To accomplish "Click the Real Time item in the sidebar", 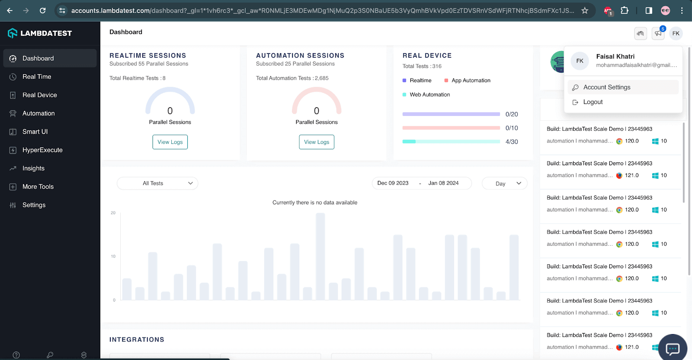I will tap(37, 77).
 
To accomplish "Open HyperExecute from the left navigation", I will tap(42, 150).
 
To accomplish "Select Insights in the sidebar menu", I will tap(33, 168).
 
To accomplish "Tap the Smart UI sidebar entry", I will tap(35, 132).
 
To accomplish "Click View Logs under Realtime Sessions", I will tap(170, 142).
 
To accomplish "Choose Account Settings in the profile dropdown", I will tap(606, 87).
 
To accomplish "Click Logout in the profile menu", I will tap(593, 102).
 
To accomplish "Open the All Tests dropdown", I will tap(157, 183).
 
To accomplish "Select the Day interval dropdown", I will tap(504, 183).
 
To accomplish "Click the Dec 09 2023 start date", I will tap(393, 183).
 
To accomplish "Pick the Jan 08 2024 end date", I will tap(443, 183).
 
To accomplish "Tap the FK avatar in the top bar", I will tap(676, 33).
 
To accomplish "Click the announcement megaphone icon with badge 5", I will tap(658, 33).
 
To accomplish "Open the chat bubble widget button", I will tap(673, 348).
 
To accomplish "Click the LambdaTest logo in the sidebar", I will tap(40, 33).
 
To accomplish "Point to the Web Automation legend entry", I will tap(429, 95).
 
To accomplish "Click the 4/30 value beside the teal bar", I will tap(512, 142).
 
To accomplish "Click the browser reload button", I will tap(42, 10).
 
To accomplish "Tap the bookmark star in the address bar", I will tap(585, 10).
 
